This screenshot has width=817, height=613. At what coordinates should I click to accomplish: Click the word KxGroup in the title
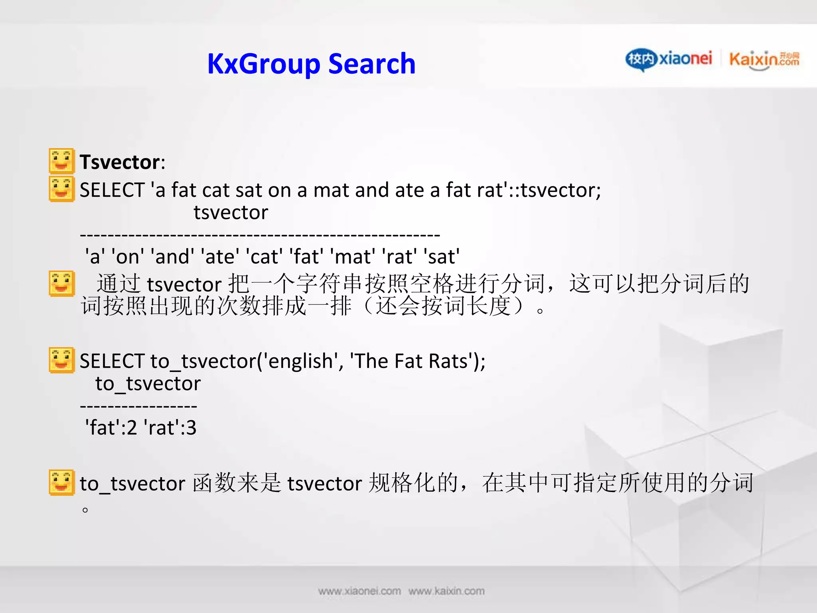pos(264,64)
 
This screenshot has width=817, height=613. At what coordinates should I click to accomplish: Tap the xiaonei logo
pos(669,59)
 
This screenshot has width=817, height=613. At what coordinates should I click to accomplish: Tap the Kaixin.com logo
pos(764,60)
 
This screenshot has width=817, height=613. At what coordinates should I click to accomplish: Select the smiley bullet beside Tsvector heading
pos(61,161)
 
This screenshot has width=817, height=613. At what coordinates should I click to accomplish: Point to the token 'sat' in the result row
pos(441,256)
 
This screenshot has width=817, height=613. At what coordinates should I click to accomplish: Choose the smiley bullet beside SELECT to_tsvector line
pos(61,360)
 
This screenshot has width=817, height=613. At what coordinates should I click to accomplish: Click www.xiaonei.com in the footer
pos(359,591)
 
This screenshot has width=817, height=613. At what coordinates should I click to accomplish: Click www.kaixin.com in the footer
pos(446,591)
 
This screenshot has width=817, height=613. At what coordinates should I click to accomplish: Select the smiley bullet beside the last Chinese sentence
pos(61,482)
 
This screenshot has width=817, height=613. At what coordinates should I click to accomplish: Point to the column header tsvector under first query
pos(231,212)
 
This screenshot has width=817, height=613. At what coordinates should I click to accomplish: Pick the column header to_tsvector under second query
pos(148,384)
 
